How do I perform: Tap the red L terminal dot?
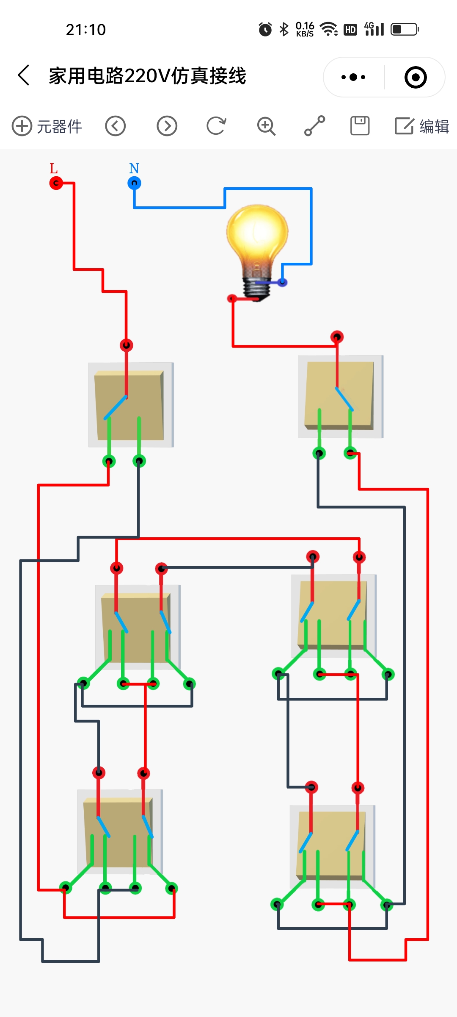tap(56, 183)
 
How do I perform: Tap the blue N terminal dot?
tap(134, 183)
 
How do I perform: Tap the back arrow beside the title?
tap(24, 75)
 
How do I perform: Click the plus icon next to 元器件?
tap(22, 126)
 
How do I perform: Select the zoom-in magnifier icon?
tap(266, 126)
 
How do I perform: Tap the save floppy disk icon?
tap(360, 126)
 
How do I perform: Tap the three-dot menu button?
tap(353, 77)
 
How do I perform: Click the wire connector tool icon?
tap(314, 126)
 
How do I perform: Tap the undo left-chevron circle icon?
tap(116, 126)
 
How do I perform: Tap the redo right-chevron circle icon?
tap(167, 126)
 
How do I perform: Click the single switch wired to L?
tap(131, 405)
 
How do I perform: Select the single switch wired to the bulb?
tap(341, 397)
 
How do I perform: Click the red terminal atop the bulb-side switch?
tap(337, 337)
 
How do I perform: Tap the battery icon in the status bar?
tap(405, 29)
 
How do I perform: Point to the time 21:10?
tap(86, 30)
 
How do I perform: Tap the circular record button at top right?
tap(416, 77)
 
